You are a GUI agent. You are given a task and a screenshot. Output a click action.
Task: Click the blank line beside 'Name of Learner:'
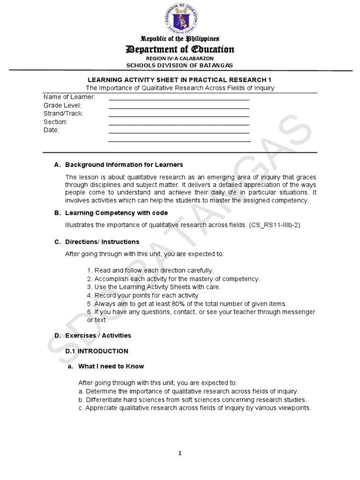179,98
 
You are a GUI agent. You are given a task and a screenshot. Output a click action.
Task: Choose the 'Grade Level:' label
62,105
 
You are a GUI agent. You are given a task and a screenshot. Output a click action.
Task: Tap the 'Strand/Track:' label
63,113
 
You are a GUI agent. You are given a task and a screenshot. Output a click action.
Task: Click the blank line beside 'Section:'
179,124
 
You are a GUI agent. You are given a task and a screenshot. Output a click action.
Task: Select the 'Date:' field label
51,130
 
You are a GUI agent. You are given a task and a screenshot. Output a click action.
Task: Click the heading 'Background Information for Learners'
124,165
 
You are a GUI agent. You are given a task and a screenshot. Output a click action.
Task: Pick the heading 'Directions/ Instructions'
102,242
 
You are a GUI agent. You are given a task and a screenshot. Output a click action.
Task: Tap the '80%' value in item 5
157,304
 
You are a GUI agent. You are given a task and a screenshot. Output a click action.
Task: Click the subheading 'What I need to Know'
111,366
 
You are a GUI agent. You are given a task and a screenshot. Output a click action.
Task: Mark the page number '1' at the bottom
180,453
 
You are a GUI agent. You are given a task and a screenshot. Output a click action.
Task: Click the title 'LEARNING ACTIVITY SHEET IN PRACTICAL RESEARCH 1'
180,80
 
